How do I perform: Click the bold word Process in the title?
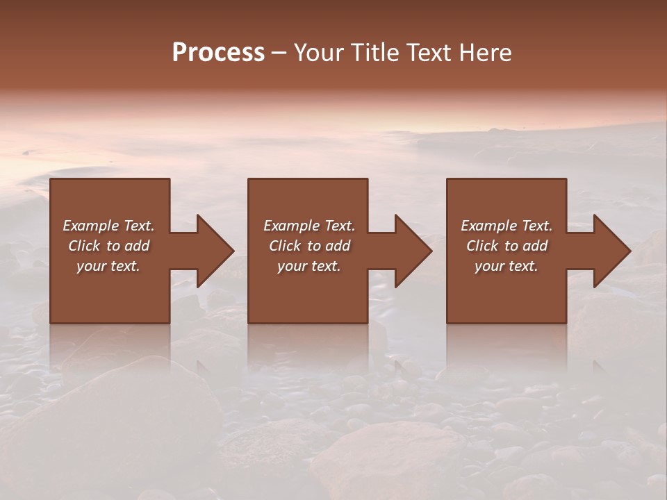[x=218, y=53]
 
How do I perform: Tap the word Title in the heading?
[x=374, y=53]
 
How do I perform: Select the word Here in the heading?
[x=486, y=53]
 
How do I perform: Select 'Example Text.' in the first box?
[x=108, y=226]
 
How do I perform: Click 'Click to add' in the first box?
[x=108, y=246]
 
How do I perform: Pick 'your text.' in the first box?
[x=108, y=266]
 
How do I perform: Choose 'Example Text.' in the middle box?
[x=308, y=226]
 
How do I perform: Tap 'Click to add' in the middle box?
[x=308, y=246]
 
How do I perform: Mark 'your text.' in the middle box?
[x=308, y=266]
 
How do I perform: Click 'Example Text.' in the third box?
[x=507, y=226]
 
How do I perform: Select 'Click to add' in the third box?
[x=507, y=246]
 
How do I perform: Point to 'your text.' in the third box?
[x=507, y=266]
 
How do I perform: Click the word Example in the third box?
[x=489, y=226]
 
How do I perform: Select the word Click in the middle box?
[x=284, y=246]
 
